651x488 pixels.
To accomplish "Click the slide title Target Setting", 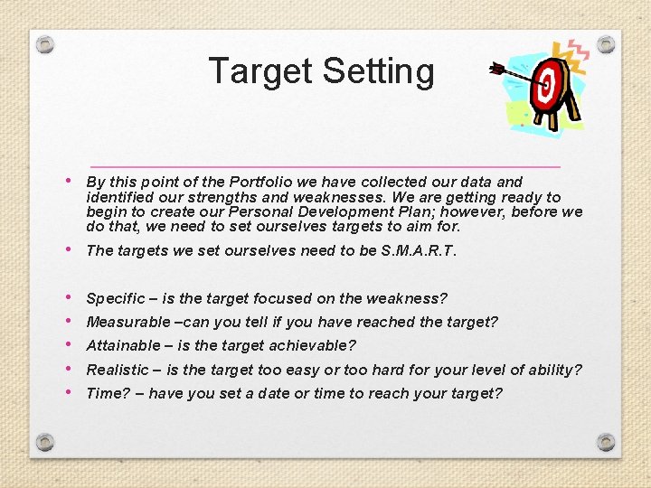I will click(x=321, y=71).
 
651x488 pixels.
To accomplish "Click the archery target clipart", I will click(x=551, y=86).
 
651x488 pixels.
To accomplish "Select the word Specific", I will click(x=115, y=298).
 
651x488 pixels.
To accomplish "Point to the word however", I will click(x=480, y=211).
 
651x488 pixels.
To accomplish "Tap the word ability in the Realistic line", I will click(x=557, y=370).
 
